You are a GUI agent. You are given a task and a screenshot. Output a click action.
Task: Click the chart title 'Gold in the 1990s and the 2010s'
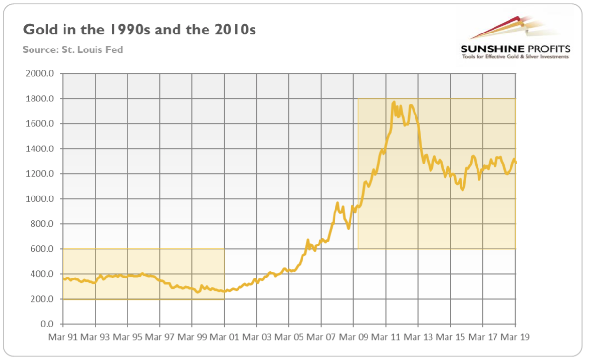140,30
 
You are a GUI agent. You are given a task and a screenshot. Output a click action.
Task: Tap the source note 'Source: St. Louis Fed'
72,49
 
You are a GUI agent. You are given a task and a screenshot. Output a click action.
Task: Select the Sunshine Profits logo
515,39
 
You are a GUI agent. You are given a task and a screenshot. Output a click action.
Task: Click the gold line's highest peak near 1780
394,102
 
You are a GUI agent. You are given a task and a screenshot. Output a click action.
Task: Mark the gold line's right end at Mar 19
515,162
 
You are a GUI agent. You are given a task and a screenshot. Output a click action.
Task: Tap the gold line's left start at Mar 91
64,278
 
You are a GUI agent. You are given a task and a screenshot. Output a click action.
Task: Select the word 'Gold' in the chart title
38,30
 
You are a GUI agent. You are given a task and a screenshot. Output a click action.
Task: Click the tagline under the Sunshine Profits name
515,57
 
